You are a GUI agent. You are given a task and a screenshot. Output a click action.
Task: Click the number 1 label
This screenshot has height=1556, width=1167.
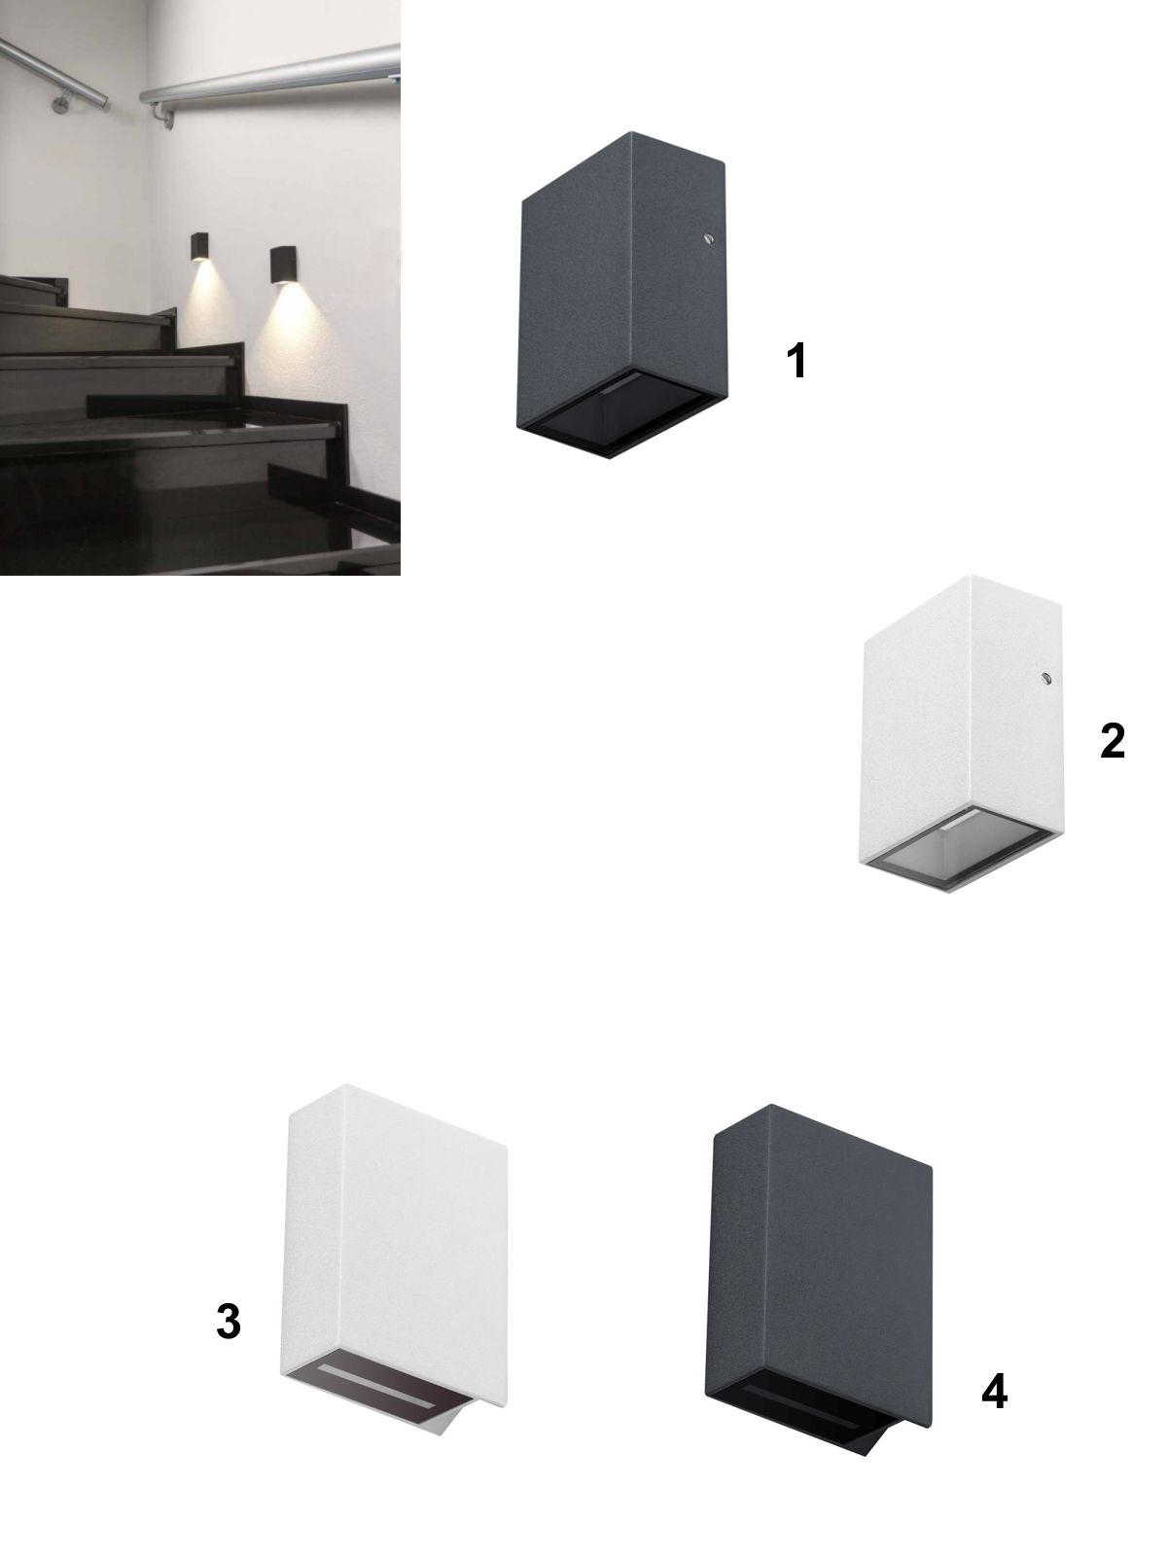(797, 361)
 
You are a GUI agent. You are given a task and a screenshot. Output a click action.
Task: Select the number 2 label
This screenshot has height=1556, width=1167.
(1113, 741)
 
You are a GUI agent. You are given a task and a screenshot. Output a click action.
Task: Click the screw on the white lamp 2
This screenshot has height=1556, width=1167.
(1045, 679)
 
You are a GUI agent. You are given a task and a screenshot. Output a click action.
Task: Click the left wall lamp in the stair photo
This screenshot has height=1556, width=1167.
(199, 247)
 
